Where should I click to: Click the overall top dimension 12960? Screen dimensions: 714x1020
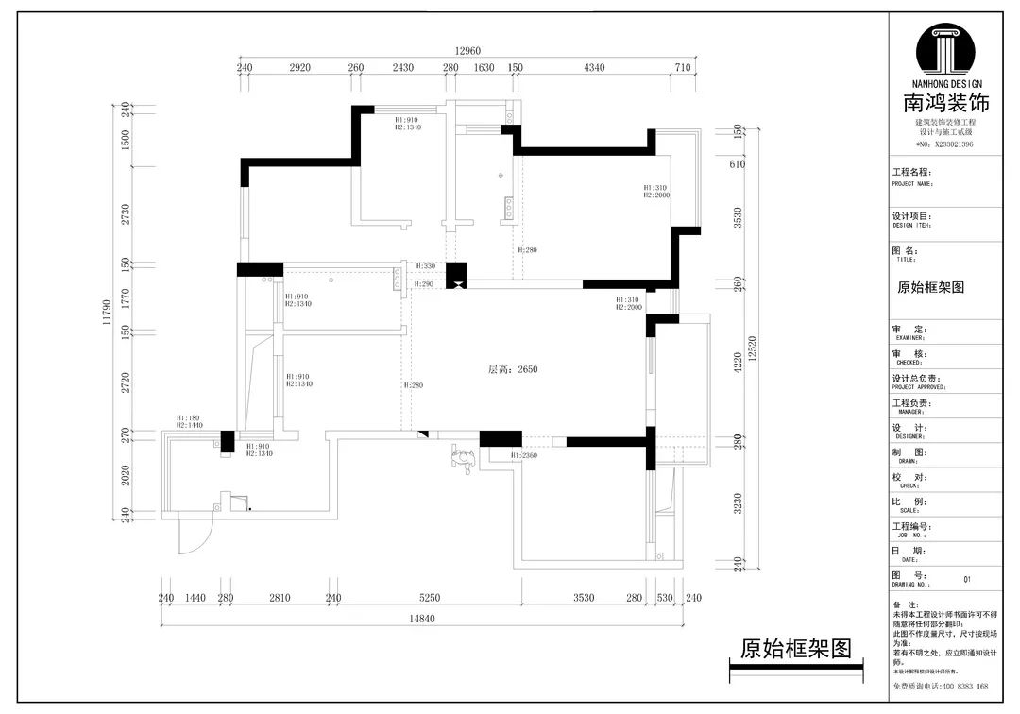click(467, 50)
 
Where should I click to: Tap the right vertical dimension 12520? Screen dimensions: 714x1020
click(752, 348)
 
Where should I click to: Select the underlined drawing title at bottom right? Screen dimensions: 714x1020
click(795, 649)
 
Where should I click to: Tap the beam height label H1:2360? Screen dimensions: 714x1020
click(524, 455)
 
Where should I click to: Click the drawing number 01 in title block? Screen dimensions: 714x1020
click(966, 580)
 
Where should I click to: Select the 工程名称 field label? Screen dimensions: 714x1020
click(911, 173)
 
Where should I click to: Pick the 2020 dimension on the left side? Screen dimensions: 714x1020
click(125, 475)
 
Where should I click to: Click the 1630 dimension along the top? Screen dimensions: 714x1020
click(484, 68)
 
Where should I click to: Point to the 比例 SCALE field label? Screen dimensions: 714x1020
click(908, 501)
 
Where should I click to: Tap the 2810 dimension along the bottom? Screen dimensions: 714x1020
click(280, 598)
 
